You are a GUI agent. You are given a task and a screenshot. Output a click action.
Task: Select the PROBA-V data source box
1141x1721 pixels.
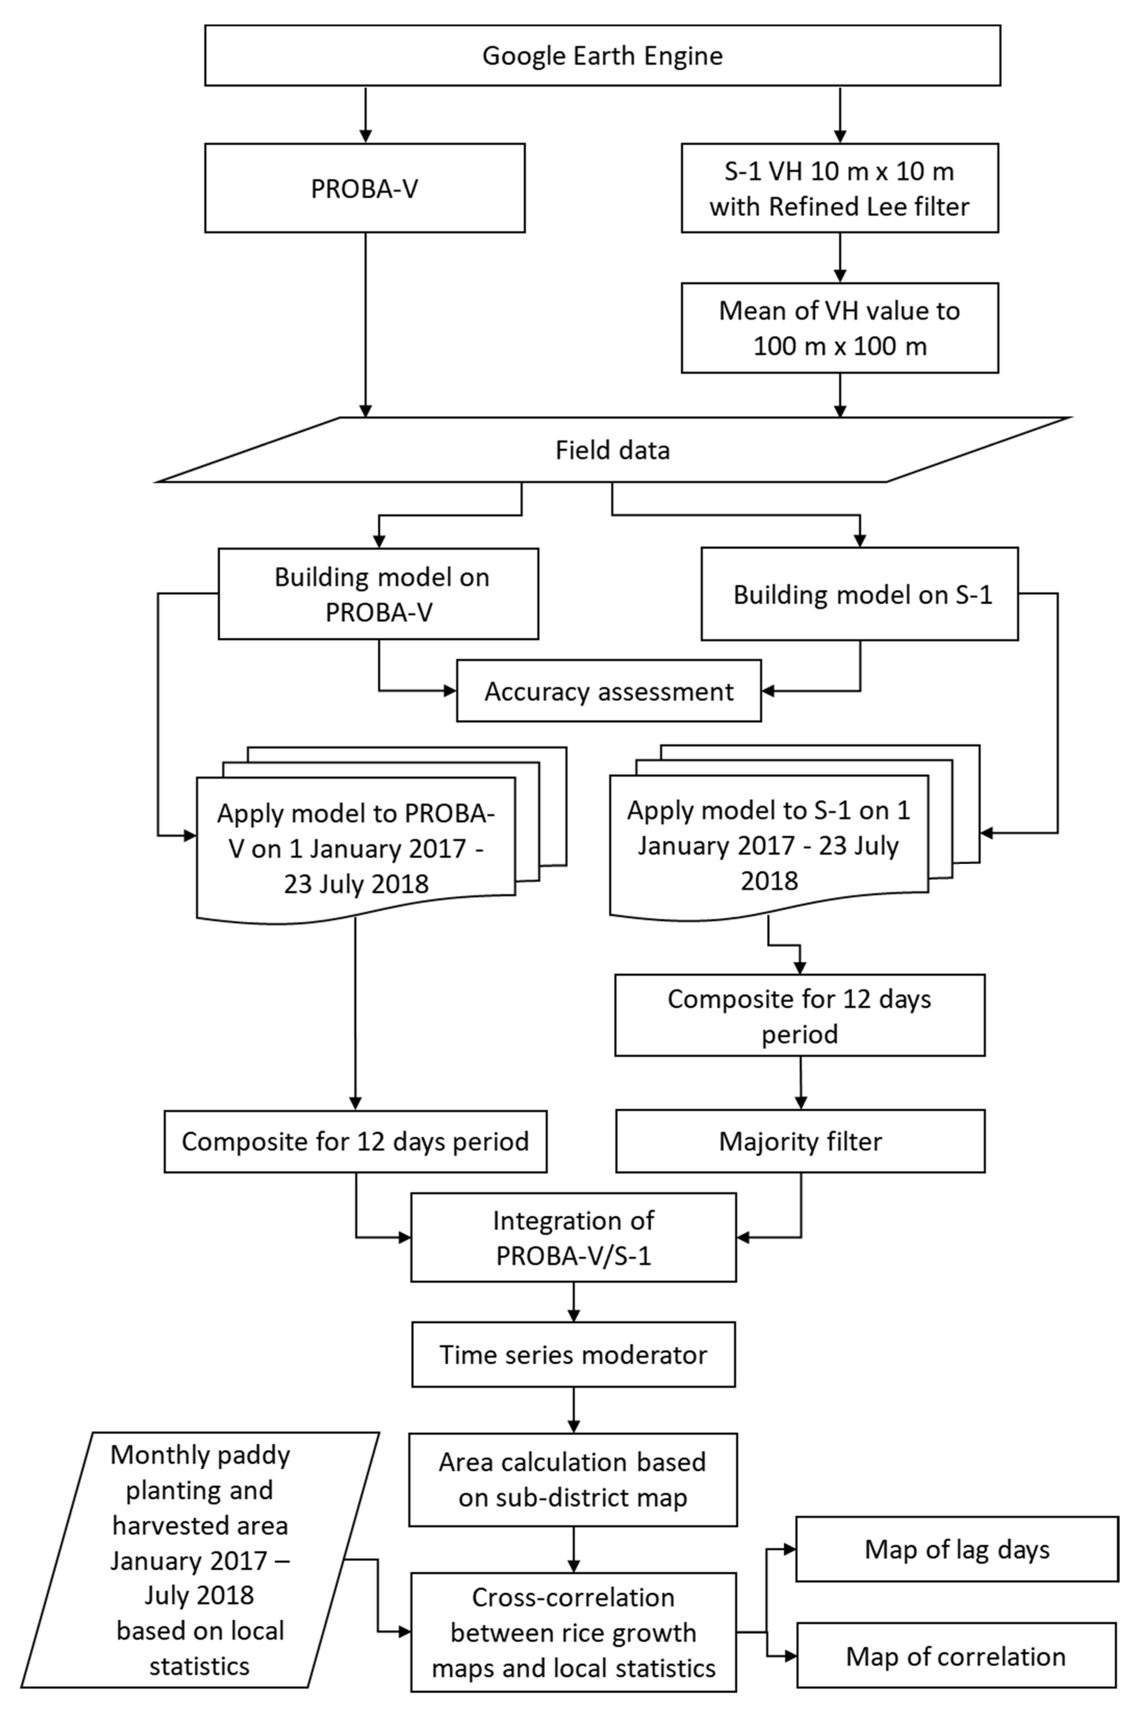(x=364, y=188)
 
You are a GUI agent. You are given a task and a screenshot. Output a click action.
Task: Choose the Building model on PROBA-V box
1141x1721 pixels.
(x=378, y=595)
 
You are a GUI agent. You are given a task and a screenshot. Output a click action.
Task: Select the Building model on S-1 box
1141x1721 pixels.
(x=859, y=595)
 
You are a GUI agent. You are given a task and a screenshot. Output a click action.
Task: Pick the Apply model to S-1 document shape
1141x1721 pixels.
(x=768, y=845)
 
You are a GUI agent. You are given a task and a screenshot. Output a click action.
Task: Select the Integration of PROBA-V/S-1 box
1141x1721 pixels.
(x=574, y=1238)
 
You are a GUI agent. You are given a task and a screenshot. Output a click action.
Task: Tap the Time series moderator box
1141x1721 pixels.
(x=574, y=1355)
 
